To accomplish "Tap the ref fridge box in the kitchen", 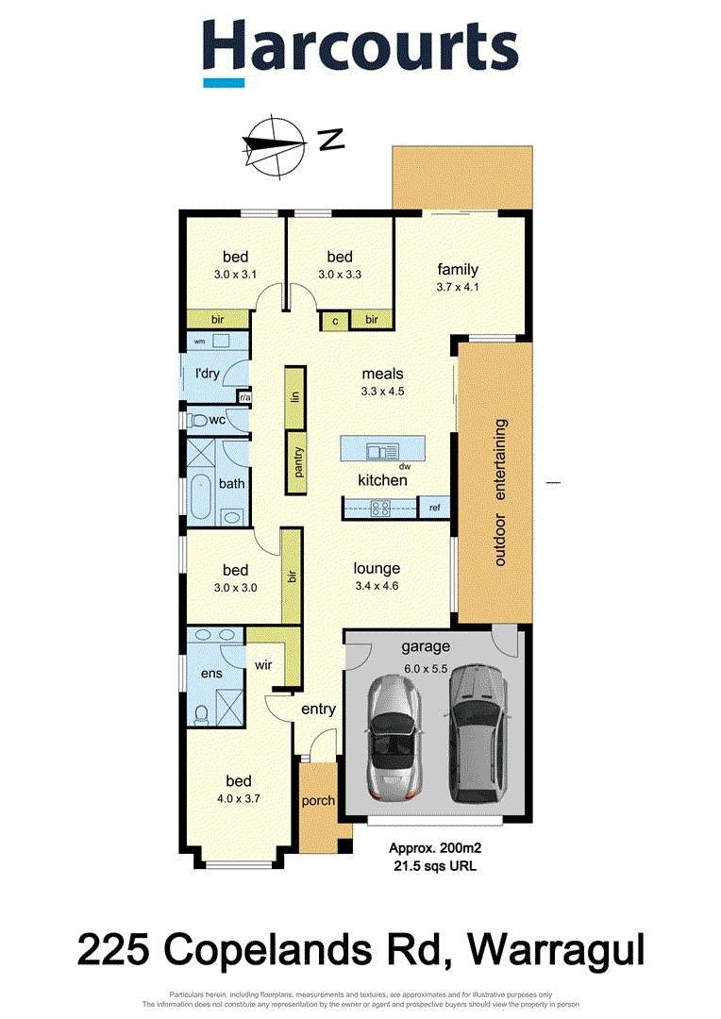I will pyautogui.click(x=435, y=509).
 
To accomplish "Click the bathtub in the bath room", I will pyautogui.click(x=199, y=497).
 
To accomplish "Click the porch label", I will pyautogui.click(x=318, y=801).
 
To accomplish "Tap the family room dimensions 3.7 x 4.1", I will pyautogui.click(x=458, y=288).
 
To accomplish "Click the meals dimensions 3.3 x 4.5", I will pyautogui.click(x=382, y=392).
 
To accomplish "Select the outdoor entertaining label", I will pyautogui.click(x=499, y=492).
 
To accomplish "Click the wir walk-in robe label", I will pyautogui.click(x=262, y=664).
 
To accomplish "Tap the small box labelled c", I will pyautogui.click(x=335, y=321).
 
